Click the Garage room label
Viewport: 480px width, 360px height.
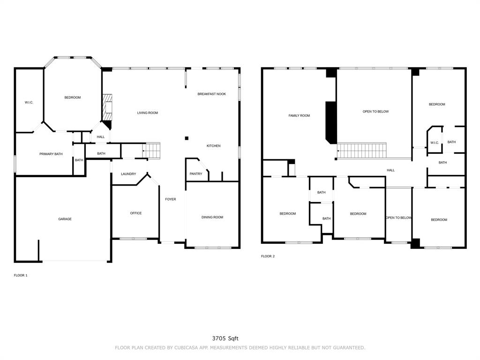pos(65,219)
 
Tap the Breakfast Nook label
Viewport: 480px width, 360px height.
pos(211,94)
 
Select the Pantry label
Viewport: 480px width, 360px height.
pos(196,173)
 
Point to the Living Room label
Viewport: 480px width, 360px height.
pos(148,112)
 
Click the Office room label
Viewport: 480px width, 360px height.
pos(136,213)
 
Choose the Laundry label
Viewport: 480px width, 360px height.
pos(128,174)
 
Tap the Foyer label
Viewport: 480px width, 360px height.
pos(171,199)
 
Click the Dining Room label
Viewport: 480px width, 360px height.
pos(212,217)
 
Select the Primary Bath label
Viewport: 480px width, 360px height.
pos(51,154)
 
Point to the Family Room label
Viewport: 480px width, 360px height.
pos(299,115)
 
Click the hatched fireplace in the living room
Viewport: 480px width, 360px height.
pos(107,108)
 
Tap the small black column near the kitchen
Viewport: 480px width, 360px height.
pos(187,138)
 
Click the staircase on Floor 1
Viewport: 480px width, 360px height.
pos(151,150)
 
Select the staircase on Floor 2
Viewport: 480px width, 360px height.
pos(361,150)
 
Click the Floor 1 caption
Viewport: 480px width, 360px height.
pos(21,275)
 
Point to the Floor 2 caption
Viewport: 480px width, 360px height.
pos(268,256)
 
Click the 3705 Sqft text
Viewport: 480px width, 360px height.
pos(225,338)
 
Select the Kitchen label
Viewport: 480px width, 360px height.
pos(213,146)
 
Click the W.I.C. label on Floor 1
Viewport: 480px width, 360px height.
pos(29,102)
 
